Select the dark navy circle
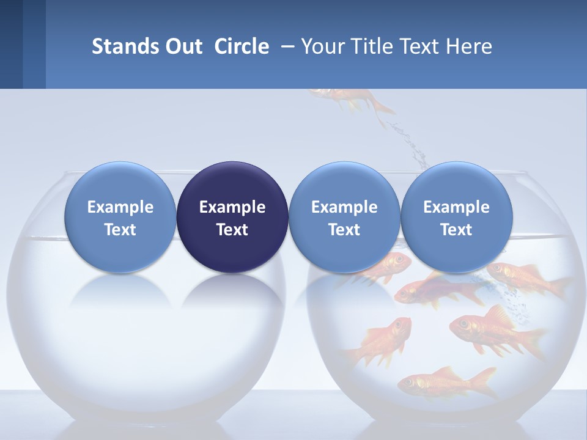pos(232,217)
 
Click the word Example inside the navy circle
pos(232,207)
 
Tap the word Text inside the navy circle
pos(232,230)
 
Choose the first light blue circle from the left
pos(120,217)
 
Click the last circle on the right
pos(457,217)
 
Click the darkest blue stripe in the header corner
pos(11,44)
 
